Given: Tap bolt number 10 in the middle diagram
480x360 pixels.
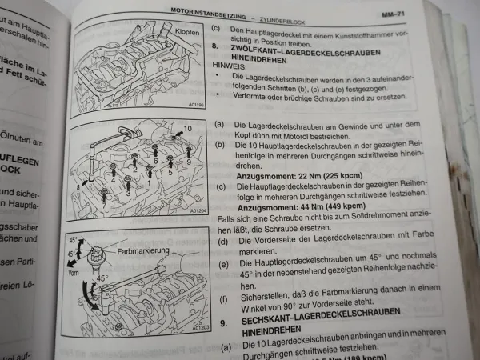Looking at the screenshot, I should [188, 127].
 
